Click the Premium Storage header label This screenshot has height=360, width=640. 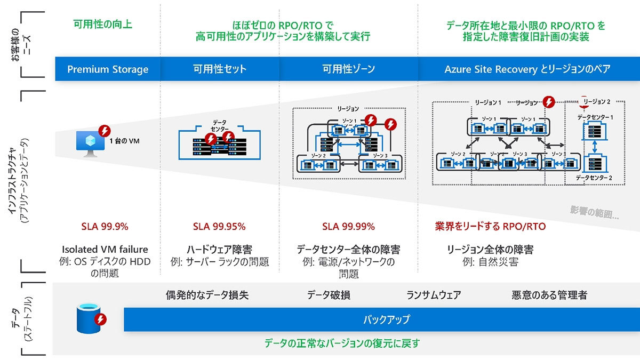108,69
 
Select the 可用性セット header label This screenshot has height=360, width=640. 220,69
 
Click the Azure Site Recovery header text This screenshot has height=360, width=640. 527,69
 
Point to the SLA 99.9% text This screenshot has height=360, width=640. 105,226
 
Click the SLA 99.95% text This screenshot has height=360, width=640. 219,226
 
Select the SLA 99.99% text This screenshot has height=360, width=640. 348,226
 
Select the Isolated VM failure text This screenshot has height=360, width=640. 105,250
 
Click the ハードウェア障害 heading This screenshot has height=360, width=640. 219,250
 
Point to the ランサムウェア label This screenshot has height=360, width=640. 434,295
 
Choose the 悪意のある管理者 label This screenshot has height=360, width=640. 549,295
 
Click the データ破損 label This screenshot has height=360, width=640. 329,295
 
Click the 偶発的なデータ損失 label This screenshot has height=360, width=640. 207,295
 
